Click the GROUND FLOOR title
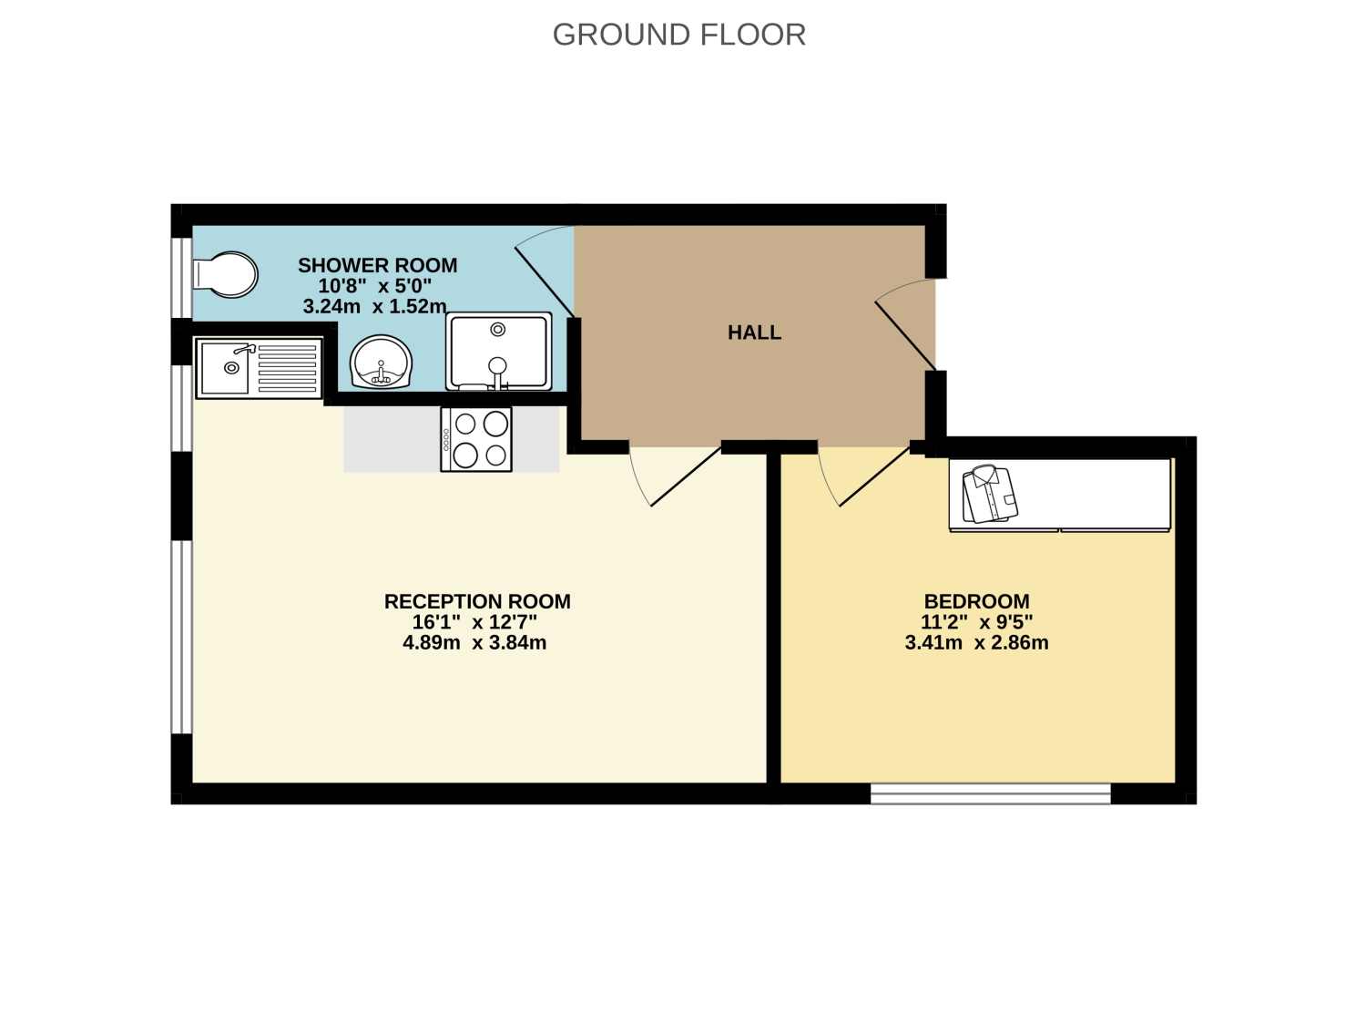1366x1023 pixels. pos(679,35)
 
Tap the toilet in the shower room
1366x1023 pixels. pos(225,274)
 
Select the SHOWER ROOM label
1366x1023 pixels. pos(378,266)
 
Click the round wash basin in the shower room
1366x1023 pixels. pos(381,363)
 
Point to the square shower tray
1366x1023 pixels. pos(498,352)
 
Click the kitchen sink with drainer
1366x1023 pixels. pos(259,368)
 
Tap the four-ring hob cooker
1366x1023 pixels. pos(476,439)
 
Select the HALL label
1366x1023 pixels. pos(754,332)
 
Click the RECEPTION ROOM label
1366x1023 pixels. pos(477,602)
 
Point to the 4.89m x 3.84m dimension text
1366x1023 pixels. pos(474,643)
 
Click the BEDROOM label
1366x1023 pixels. pos(976,602)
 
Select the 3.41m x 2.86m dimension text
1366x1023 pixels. pos(976,643)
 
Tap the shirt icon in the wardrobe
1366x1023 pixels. pos(990,494)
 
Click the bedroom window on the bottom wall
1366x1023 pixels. pos(990,793)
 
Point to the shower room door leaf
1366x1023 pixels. pos(545,281)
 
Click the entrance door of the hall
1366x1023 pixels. pos(905,336)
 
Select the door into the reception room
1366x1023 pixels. pos(687,476)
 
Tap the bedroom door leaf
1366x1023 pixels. pos(875,476)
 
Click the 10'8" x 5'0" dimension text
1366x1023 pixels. pos(374,286)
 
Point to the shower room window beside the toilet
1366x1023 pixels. pos(182,278)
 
